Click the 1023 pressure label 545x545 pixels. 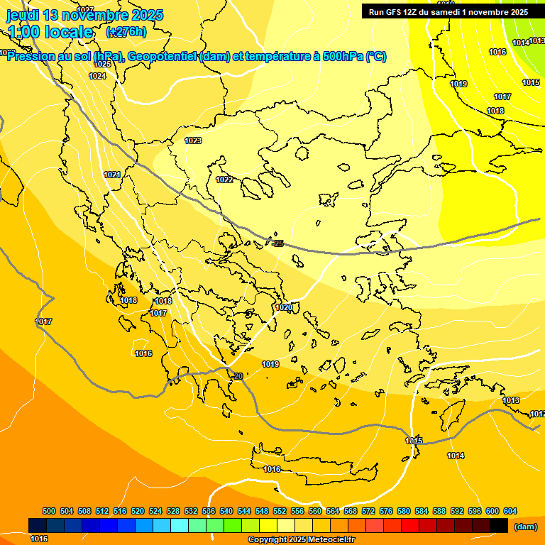pos(193,141)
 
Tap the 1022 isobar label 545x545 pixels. pos(224,180)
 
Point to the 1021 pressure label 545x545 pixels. pos(111,175)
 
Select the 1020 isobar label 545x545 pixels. pos(284,307)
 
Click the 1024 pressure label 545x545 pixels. pos(98,76)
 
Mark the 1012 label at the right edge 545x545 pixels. pos(537,414)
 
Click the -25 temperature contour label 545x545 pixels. pos(278,243)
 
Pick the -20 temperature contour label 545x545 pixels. pos(238,376)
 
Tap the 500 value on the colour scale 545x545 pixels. pos(49,511)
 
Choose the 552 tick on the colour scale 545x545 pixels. pos(280,511)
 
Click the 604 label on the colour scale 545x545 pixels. pos(510,511)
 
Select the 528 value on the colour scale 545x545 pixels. pos(173,511)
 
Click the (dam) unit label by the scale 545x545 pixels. pos(526,527)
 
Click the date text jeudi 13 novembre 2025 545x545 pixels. pos(85,15)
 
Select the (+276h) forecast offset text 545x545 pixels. pos(126,32)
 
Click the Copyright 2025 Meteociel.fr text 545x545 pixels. pos(302,539)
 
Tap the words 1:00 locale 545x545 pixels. pos(50,32)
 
